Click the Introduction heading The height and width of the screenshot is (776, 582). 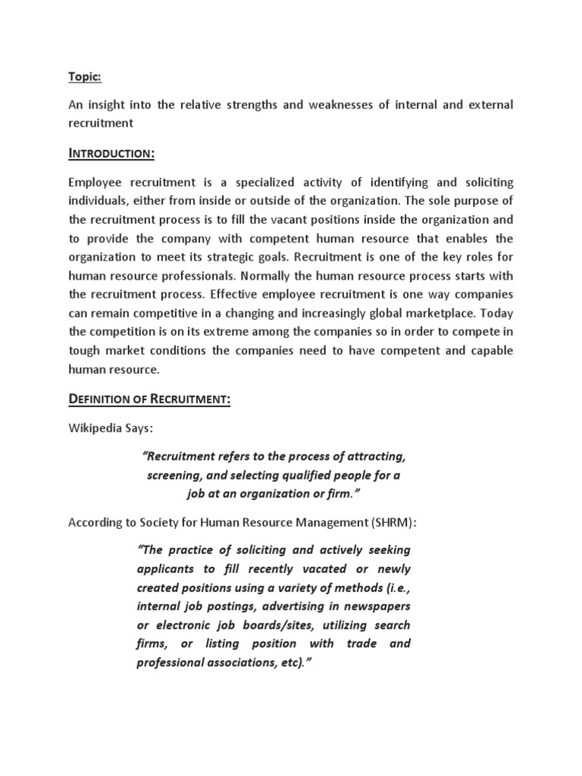click(111, 155)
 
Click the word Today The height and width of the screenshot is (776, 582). click(498, 312)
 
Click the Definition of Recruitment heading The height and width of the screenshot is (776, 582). click(149, 399)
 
